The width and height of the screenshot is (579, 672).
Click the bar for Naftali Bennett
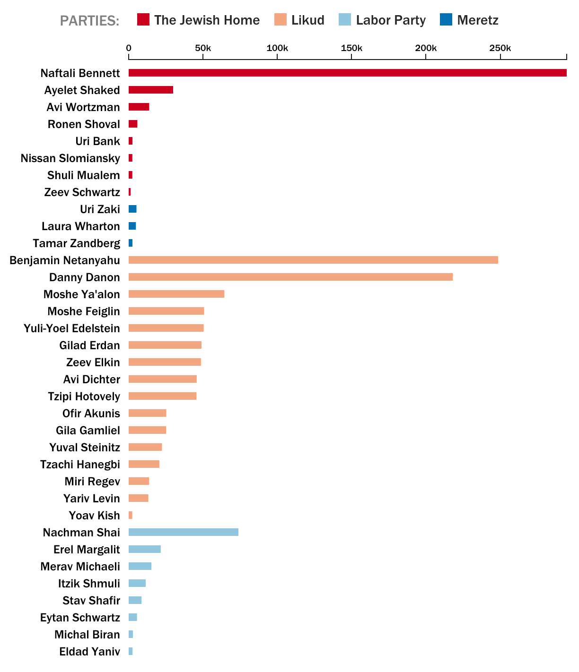(x=348, y=73)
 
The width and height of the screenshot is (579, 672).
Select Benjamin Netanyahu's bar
(x=313, y=260)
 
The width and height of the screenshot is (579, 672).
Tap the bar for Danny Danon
(x=290, y=277)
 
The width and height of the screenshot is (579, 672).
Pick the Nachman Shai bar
(x=184, y=532)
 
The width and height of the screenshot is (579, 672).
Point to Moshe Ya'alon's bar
(x=176, y=294)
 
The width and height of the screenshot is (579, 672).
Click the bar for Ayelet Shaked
(x=151, y=90)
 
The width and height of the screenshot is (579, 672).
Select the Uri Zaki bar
(x=132, y=209)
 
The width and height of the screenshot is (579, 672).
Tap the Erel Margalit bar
(x=145, y=549)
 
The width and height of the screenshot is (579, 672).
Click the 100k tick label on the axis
(x=277, y=48)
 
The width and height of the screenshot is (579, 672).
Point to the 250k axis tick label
(x=500, y=48)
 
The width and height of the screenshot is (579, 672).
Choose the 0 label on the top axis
(x=129, y=48)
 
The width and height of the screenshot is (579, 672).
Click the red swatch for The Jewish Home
(x=143, y=20)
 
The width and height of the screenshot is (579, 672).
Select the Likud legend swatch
(x=281, y=20)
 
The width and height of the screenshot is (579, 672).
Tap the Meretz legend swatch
(x=446, y=20)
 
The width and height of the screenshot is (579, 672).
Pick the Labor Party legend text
(x=391, y=20)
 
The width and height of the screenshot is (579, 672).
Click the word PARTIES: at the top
(x=89, y=21)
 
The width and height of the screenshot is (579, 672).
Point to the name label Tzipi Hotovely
(x=84, y=396)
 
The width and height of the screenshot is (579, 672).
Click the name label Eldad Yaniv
(x=89, y=652)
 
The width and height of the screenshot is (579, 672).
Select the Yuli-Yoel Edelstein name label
(x=72, y=328)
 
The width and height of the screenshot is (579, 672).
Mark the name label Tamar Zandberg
(x=77, y=243)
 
